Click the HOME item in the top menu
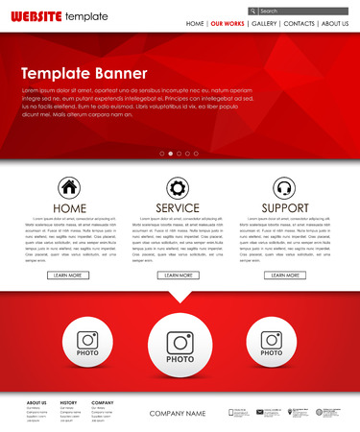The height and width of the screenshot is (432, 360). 195,23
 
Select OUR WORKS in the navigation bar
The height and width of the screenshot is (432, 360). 228,23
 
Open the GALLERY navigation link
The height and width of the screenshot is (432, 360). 265,23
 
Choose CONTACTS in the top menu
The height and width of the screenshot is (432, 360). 300,23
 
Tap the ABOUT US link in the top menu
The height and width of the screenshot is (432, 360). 335,23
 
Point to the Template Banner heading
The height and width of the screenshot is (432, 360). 84,73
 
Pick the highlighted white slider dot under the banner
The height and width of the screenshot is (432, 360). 171,153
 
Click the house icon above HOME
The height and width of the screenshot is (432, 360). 69,187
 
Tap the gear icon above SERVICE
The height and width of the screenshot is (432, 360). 178,187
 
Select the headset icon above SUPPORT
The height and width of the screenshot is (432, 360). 284,187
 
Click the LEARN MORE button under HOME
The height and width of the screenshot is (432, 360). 69,275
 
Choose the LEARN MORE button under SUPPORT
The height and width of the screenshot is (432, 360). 284,275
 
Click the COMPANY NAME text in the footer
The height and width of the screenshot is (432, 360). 178,413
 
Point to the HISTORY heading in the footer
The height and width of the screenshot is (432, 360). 68,402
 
